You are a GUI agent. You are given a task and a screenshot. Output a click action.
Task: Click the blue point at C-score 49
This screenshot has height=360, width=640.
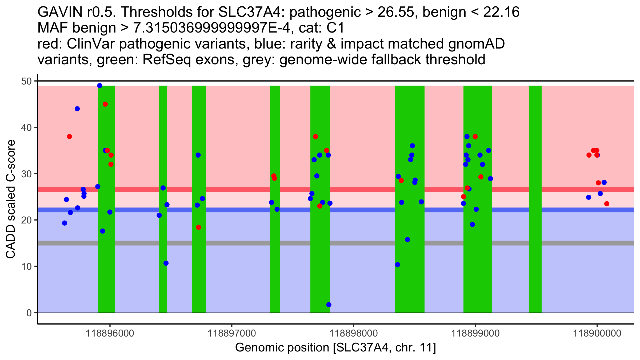[100, 86]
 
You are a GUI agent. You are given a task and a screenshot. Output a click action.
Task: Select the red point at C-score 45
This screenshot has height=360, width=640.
[105, 104]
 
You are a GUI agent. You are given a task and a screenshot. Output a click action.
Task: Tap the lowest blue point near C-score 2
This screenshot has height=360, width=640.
[329, 305]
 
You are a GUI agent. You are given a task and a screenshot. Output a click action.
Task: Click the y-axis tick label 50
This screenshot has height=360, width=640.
[26, 81]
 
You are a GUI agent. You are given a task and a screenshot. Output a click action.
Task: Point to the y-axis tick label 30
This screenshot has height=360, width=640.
[26, 174]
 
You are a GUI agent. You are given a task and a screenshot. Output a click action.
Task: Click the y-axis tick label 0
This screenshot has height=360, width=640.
[29, 313]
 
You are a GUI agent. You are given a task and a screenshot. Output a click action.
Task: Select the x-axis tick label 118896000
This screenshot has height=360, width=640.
[110, 333]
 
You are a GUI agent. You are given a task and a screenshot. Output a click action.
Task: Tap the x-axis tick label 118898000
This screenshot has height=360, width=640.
[354, 333]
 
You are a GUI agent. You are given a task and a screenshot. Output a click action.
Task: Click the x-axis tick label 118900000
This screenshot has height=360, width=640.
[597, 333]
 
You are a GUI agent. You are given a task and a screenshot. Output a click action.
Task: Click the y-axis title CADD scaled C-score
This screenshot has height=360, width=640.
[11, 199]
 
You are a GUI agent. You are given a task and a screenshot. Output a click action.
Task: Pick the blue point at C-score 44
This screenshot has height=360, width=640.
[77, 109]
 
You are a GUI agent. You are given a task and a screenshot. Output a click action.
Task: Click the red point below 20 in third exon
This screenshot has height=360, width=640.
[198, 227]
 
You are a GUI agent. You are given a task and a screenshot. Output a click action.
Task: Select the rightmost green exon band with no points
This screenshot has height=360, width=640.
[535, 197]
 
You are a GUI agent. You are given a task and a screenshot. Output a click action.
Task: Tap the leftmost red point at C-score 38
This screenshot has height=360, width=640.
[69, 137]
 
